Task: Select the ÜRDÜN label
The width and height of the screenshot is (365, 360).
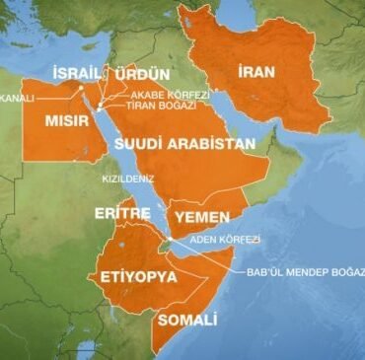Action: pos(142,74)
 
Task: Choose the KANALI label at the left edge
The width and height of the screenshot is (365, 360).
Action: pos(16,98)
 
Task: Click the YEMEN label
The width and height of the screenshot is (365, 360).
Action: pos(201,217)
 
